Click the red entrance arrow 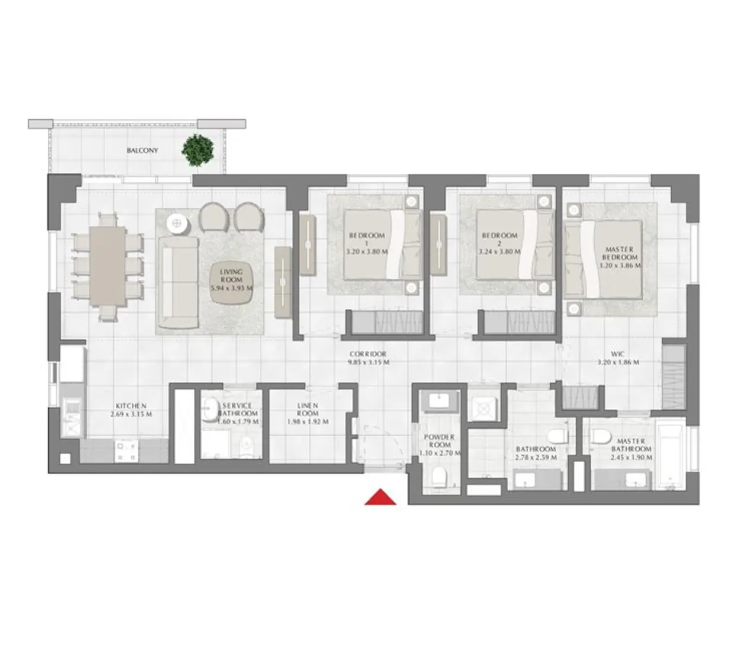pyautogui.click(x=380, y=497)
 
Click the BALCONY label pyautogui.click(x=142, y=151)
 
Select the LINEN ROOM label pyautogui.click(x=308, y=410)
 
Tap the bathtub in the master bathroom pyautogui.click(x=670, y=456)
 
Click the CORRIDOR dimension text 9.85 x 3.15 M pyautogui.click(x=368, y=362)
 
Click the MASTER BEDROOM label pyautogui.click(x=620, y=254)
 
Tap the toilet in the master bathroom pyautogui.click(x=600, y=437)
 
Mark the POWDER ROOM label pyautogui.click(x=439, y=441)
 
